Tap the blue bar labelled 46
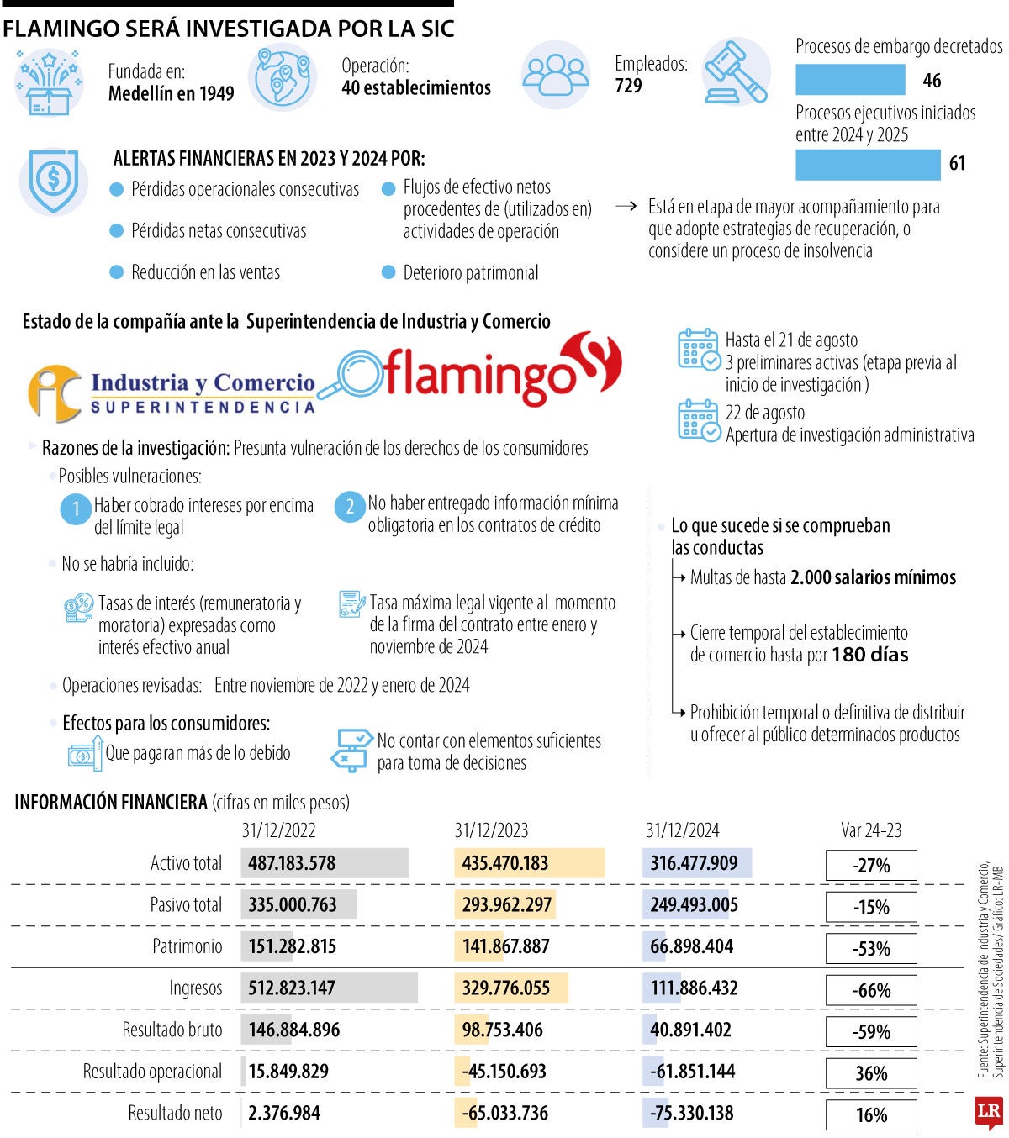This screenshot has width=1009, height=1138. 850,81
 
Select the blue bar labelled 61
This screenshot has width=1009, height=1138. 868,164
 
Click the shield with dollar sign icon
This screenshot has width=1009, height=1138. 54,180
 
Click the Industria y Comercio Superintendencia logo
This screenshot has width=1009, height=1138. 172,392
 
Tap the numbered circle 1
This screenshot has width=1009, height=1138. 76,509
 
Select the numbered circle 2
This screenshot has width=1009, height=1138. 350,506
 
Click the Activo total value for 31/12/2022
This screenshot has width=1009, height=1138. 292,863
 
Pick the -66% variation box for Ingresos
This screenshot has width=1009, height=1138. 871,990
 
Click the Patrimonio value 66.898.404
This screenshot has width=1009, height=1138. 691,946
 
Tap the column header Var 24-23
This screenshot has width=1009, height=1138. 871,830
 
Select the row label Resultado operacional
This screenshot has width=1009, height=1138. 152,1072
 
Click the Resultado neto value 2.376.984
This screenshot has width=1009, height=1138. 284,1113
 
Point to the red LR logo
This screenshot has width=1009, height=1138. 989,1113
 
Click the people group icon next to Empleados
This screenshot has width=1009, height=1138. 555,74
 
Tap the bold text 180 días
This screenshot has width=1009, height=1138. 869,655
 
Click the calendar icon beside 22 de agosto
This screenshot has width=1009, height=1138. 699,420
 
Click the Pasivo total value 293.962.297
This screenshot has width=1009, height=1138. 506,905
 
